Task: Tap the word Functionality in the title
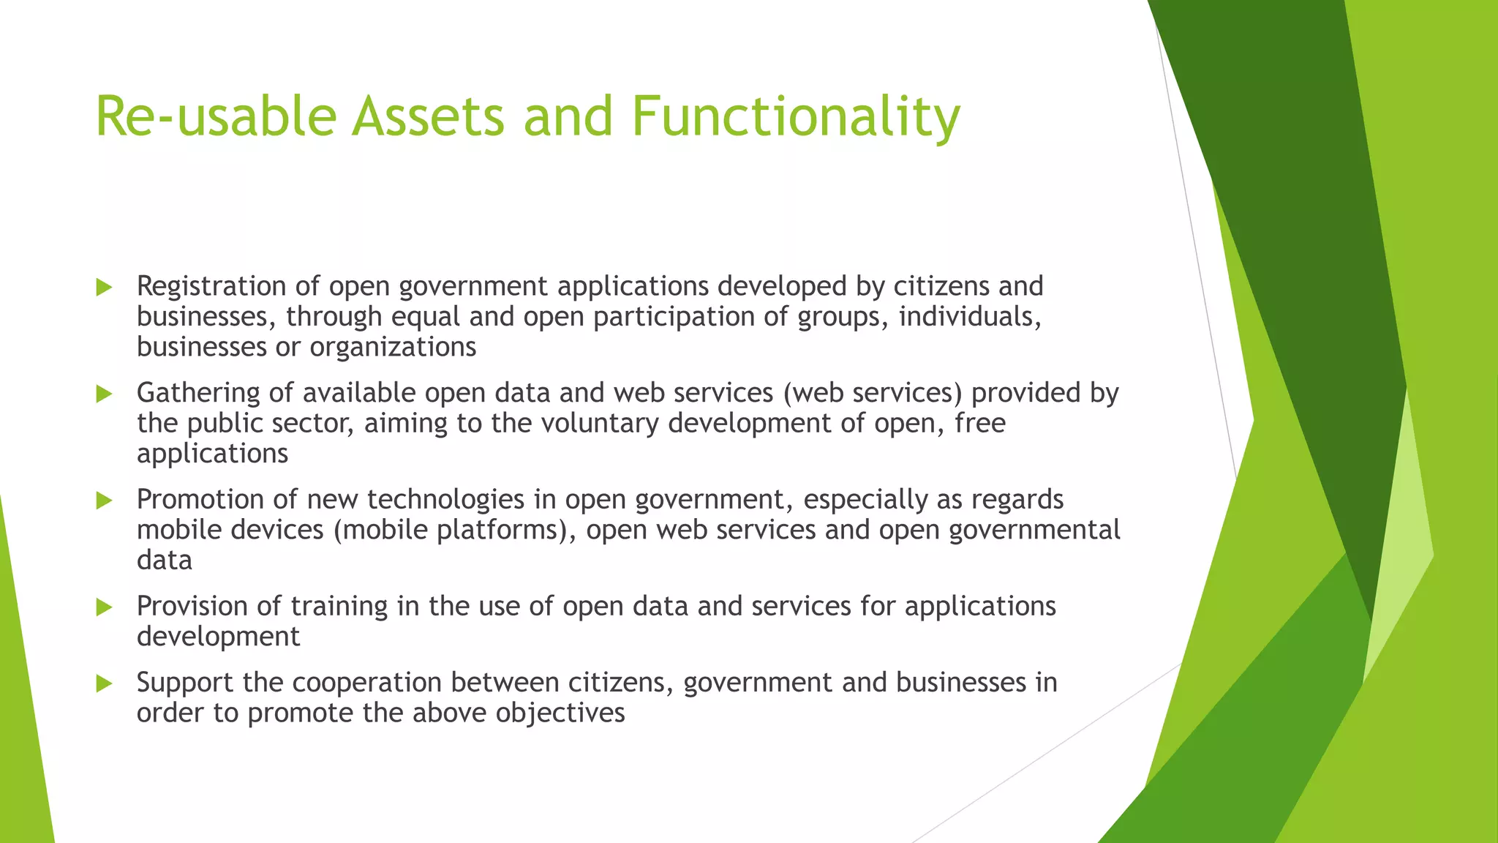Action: point(795,117)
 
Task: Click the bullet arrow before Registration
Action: point(104,288)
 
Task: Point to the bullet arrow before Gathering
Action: point(104,394)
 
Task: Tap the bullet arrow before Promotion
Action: point(104,501)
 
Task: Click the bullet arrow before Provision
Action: point(104,607)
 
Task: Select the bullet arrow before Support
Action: point(104,684)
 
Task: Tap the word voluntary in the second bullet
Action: point(599,424)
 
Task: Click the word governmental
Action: point(1034,530)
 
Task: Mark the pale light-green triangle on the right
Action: point(1400,542)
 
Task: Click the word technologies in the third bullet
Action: point(445,500)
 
